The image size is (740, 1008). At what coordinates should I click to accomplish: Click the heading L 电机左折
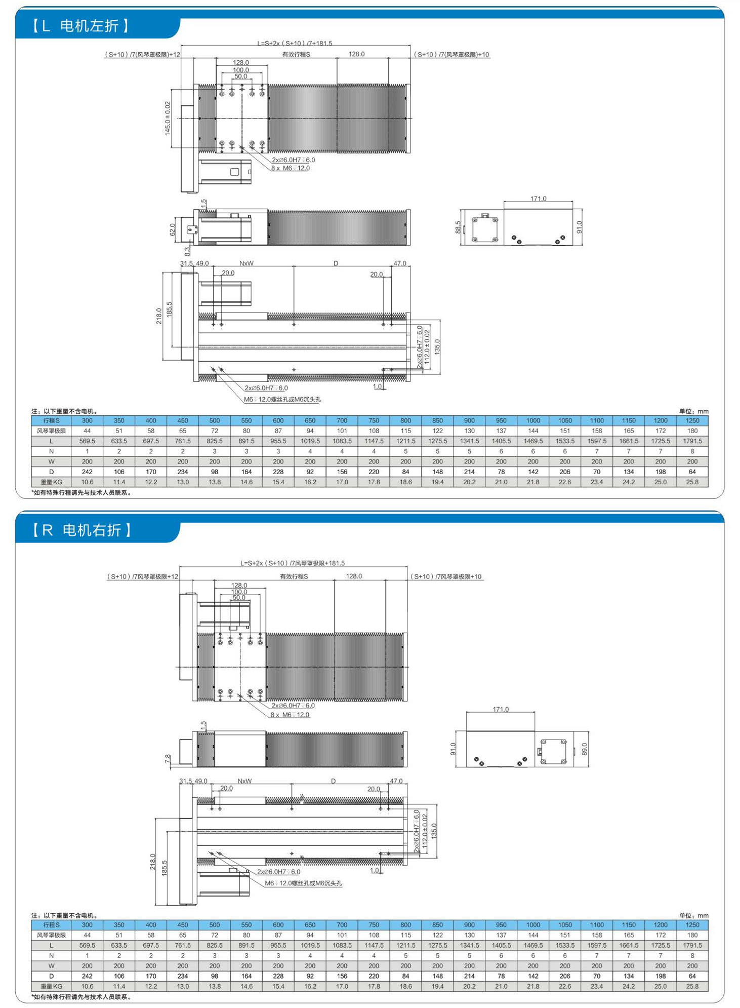[x=81, y=26]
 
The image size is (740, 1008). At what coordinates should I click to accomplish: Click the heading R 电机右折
[x=82, y=530]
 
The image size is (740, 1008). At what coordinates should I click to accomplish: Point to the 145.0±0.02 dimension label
[x=168, y=118]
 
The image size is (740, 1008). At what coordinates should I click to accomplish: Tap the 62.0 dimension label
[x=172, y=229]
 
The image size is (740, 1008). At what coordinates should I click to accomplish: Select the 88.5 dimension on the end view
[x=458, y=227]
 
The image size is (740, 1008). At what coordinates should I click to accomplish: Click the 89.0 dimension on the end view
[x=585, y=749]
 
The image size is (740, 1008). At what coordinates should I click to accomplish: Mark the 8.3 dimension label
[x=187, y=250]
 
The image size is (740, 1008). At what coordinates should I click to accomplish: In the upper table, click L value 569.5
[x=87, y=441]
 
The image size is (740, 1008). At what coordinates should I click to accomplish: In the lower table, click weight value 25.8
[x=692, y=986]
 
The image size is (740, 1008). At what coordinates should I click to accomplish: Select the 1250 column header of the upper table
[x=692, y=420]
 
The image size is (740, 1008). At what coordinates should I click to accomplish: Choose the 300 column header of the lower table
[x=87, y=924]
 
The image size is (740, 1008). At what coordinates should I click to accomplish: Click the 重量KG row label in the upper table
[x=51, y=482]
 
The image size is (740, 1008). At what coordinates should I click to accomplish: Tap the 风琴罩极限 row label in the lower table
[x=51, y=935]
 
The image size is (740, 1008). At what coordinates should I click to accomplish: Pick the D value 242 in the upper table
[x=87, y=472]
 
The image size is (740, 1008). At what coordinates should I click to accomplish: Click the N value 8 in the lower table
[x=692, y=955]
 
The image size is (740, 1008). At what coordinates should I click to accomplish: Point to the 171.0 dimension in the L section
[x=538, y=199]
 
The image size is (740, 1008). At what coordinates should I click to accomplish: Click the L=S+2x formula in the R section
[x=292, y=563]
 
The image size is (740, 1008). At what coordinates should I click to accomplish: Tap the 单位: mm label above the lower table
[x=693, y=915]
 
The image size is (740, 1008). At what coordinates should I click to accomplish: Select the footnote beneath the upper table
[x=81, y=492]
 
